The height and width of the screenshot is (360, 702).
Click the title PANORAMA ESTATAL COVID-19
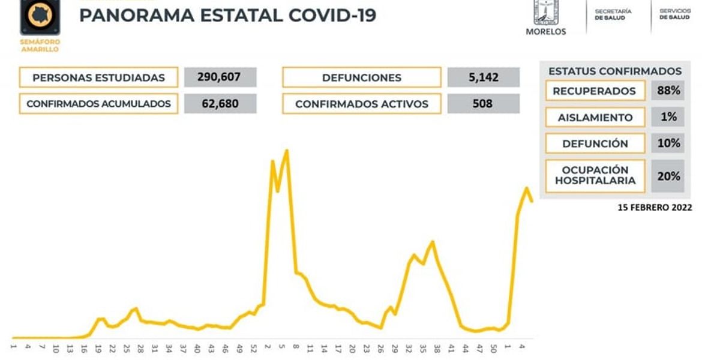[x=227, y=16]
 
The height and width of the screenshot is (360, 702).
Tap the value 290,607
[x=220, y=77]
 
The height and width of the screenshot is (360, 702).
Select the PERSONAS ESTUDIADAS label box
[x=98, y=77]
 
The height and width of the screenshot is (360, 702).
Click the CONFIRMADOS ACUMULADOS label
[x=98, y=104]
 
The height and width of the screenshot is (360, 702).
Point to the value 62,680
[x=220, y=104]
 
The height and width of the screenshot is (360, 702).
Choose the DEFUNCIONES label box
[x=361, y=77]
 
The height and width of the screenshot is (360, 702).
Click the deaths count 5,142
[x=483, y=77]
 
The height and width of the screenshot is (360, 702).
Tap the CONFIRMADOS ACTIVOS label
[x=361, y=104]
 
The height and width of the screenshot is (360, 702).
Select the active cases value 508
[x=483, y=104]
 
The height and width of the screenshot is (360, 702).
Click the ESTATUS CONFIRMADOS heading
[x=615, y=71]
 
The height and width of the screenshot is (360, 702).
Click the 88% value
[x=668, y=91]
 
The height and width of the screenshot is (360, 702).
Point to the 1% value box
[x=668, y=118]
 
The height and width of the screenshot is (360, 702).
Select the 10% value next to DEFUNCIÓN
[x=668, y=143]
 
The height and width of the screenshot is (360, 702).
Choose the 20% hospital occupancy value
[x=668, y=176]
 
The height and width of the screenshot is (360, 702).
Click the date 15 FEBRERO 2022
[x=655, y=208]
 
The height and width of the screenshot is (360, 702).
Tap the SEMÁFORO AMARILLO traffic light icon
[x=40, y=17]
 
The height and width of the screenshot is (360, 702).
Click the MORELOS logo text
[x=545, y=32]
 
